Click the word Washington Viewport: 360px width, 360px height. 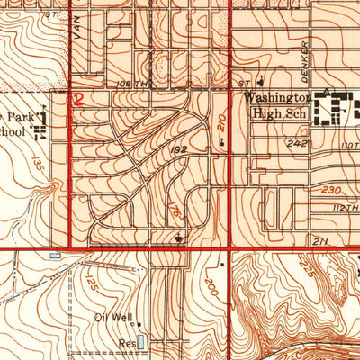(280, 97)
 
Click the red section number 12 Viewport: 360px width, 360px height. (78, 101)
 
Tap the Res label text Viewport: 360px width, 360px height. (125, 343)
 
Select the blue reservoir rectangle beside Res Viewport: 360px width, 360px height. (139, 342)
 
